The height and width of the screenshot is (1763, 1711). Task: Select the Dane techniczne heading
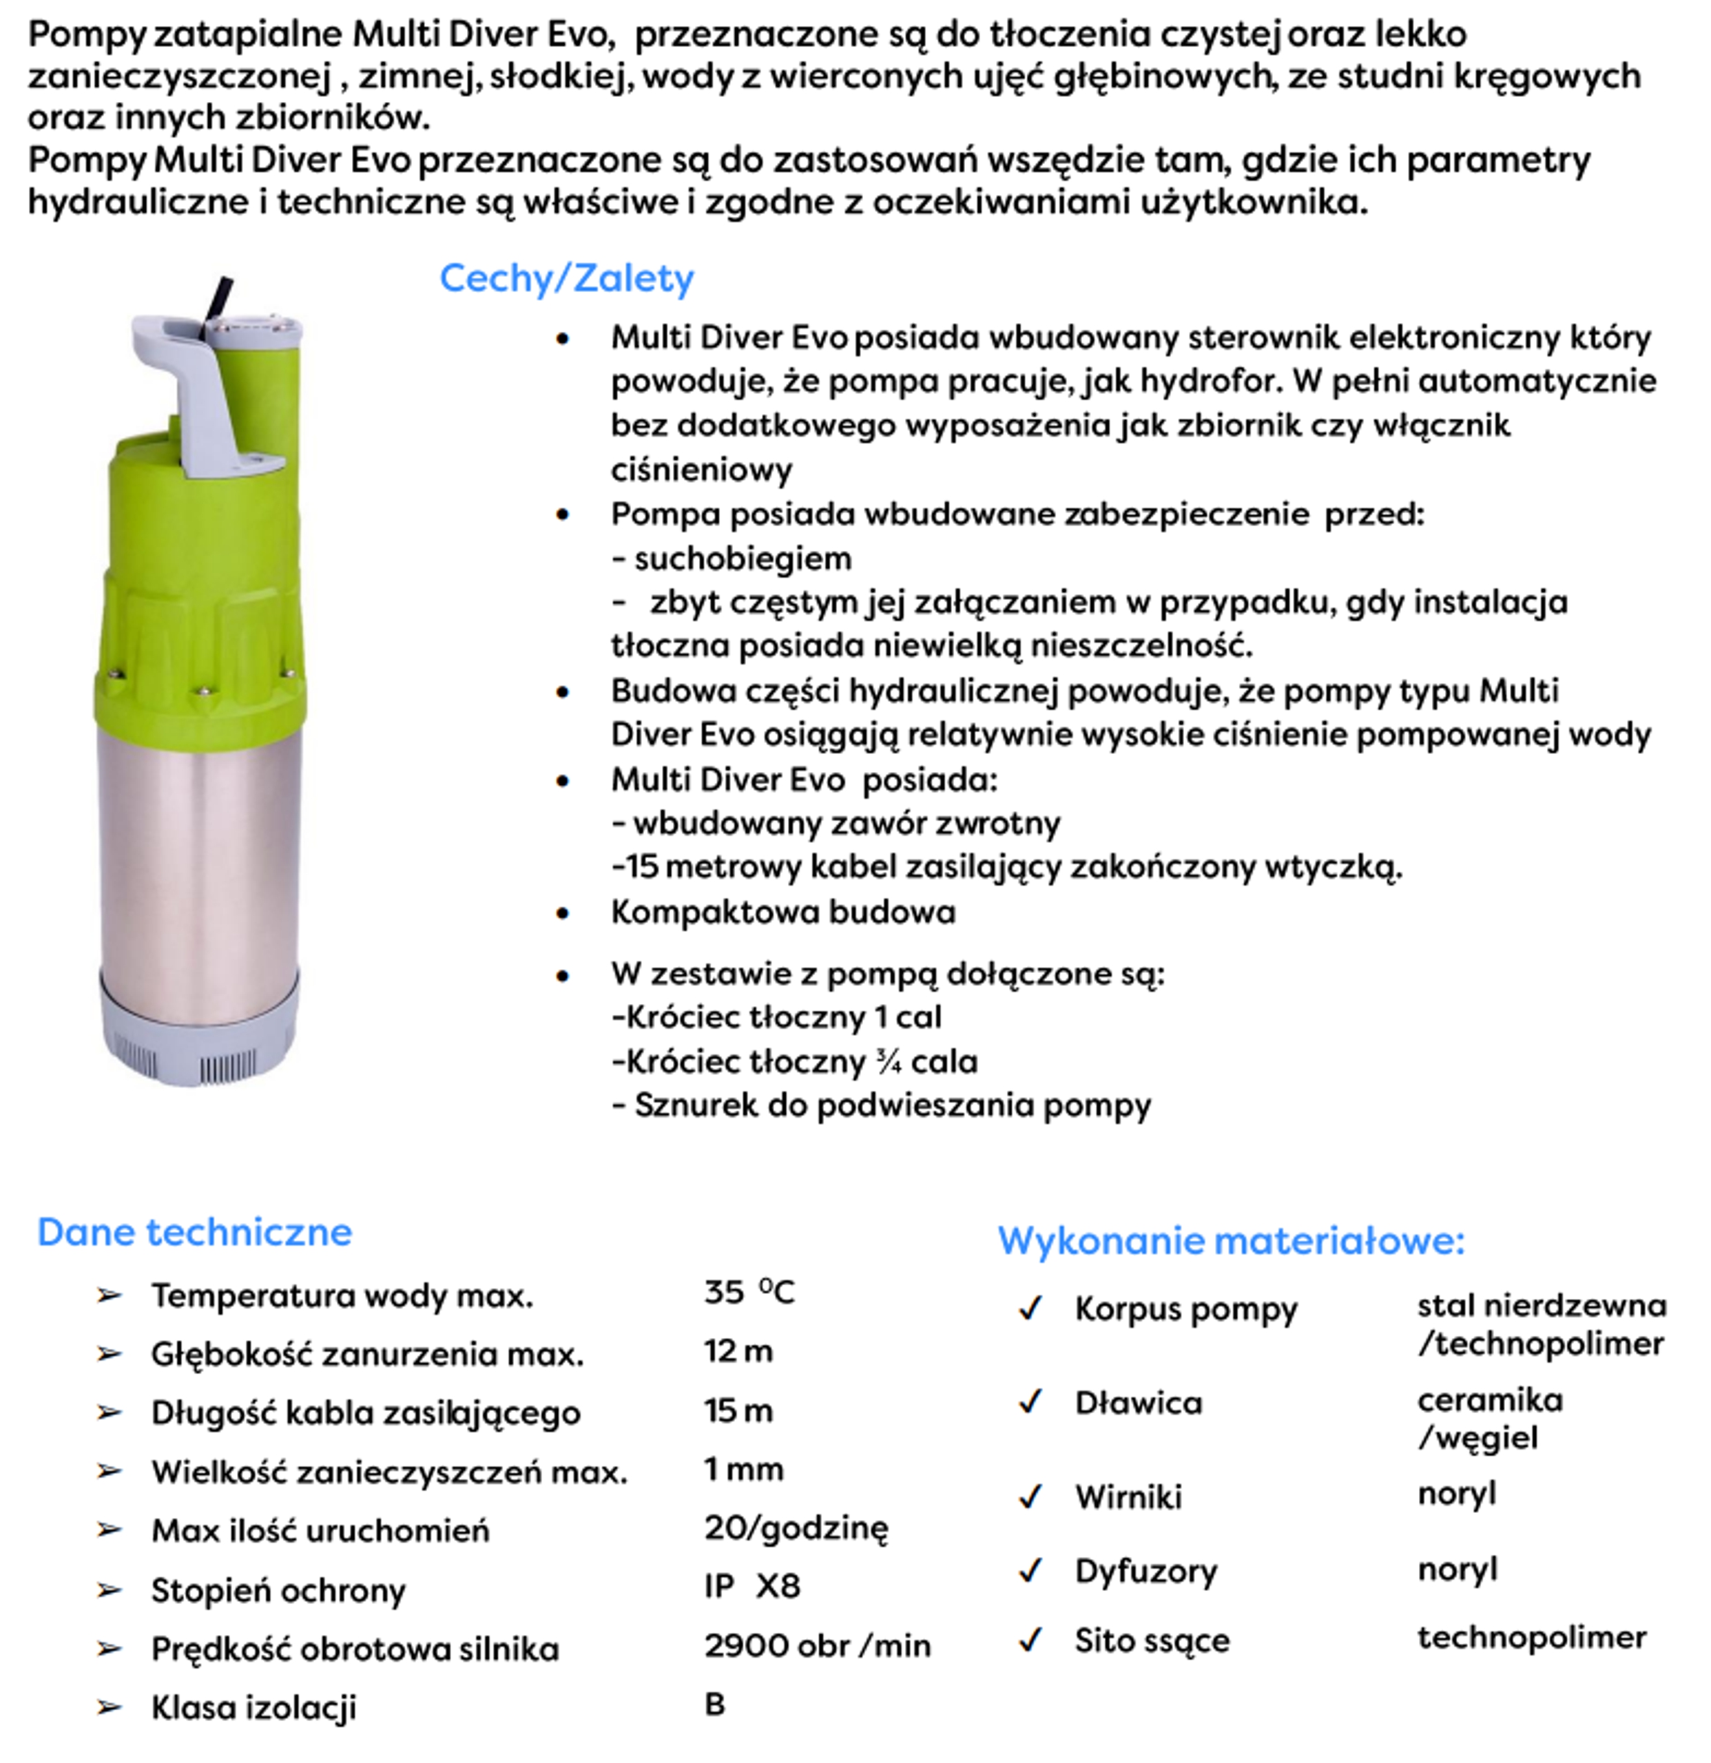pos(194,1232)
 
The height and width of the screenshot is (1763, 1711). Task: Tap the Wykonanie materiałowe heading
pos(1231,1241)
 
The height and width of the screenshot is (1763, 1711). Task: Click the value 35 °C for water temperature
pos(749,1293)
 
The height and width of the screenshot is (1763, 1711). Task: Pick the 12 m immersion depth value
pos(738,1351)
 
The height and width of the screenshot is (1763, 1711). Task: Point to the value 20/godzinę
pos(795,1527)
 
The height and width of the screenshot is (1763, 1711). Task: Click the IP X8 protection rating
pos(752,1586)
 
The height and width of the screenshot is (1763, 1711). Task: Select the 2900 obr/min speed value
pos(817,1645)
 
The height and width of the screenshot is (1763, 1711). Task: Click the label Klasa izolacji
pos(253,1707)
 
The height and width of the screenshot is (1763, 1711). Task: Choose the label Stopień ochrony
pos(278,1590)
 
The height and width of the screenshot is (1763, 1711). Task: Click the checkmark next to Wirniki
pos(1030,1496)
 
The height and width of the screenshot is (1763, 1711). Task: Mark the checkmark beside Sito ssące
pos(1030,1640)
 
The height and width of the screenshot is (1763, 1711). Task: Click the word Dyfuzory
pos(1145,1570)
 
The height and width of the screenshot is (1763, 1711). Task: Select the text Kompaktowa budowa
pos(782,912)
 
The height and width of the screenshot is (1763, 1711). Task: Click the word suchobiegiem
pos(742,559)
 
